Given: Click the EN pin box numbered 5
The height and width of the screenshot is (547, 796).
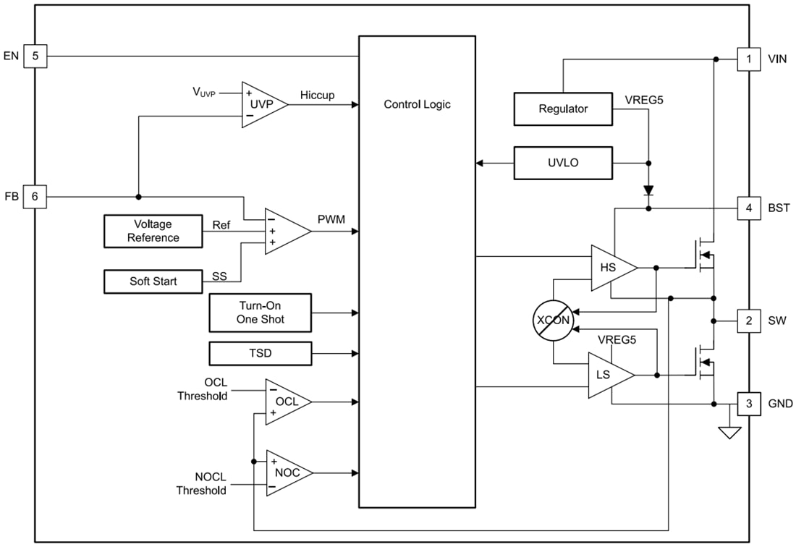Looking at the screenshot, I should point(35,56).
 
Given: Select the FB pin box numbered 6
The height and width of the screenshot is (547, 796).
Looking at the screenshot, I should point(35,197).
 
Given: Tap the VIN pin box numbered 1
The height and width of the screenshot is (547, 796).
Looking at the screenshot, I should point(749,59).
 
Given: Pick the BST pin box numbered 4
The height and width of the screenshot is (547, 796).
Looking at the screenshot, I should point(749,209).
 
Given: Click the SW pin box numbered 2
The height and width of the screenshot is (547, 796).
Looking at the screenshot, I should point(749,321).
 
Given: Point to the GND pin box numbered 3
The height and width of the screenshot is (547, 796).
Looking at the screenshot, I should point(749,404).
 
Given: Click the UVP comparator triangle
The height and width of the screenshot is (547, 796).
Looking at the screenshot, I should point(261,104).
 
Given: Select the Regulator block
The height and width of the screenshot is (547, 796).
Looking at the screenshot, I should point(563,109).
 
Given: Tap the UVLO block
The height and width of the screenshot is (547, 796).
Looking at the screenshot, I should point(563,163).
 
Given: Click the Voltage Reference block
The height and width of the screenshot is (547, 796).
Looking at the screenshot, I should point(153,231).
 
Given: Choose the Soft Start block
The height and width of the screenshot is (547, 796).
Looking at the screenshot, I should point(153,281).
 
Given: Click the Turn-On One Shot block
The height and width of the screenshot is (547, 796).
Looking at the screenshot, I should point(260,313).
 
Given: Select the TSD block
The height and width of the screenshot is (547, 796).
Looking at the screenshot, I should point(260,353).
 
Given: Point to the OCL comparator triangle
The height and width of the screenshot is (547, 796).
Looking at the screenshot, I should point(285,402).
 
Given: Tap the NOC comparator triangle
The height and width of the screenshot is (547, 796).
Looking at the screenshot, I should point(287,472).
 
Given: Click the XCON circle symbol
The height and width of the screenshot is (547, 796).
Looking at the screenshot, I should point(553,320).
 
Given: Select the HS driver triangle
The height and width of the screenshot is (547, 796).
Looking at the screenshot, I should point(611,268).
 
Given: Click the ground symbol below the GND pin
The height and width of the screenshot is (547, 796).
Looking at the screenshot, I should point(729,433).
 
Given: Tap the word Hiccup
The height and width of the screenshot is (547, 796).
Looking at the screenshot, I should point(317,96).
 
